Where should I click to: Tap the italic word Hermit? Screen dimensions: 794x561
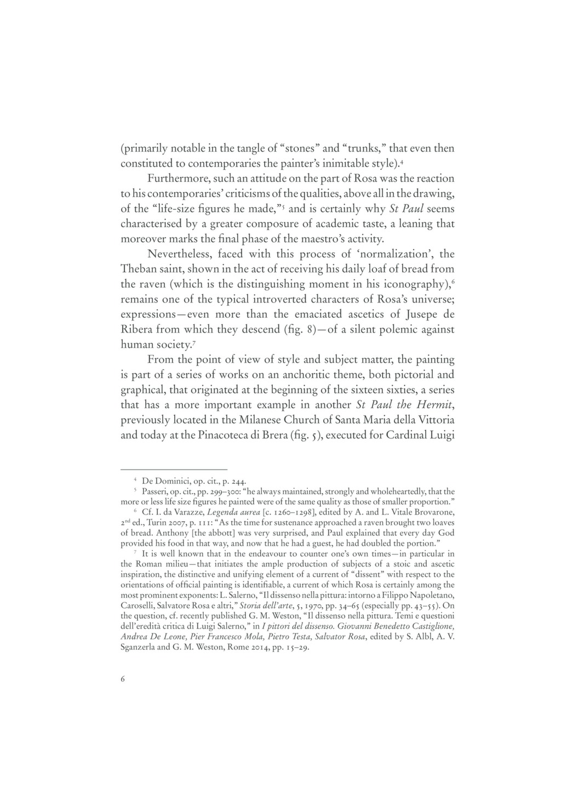(433, 405)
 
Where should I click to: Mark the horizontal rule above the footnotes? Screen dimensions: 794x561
(174, 470)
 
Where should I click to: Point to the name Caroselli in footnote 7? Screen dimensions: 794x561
(140, 606)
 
